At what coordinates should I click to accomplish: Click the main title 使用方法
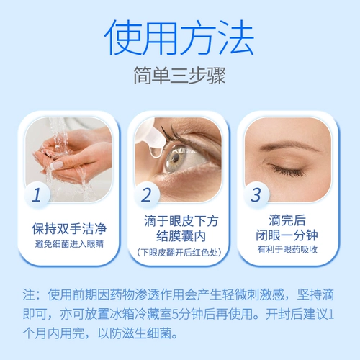[179, 37]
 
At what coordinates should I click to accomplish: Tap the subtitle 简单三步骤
[179, 75]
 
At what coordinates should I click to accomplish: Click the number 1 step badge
[37, 194]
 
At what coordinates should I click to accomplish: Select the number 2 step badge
[147, 194]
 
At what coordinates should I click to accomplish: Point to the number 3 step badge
[256, 194]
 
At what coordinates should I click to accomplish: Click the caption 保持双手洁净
[69, 228]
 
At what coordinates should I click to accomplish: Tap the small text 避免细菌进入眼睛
[69, 244]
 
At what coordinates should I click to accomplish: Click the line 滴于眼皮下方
[181, 221]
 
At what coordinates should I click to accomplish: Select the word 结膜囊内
[181, 236]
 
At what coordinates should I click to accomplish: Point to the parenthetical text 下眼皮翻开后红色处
[179, 252]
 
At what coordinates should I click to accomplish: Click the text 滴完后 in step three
[287, 220]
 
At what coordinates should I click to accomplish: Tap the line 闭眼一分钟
[287, 235]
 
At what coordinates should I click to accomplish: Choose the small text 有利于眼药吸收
[287, 250]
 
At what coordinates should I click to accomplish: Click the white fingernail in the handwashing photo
[57, 165]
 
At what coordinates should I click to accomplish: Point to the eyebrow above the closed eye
[291, 145]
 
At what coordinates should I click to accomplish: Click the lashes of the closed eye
[288, 171]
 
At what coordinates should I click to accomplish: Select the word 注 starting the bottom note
[29, 294]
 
